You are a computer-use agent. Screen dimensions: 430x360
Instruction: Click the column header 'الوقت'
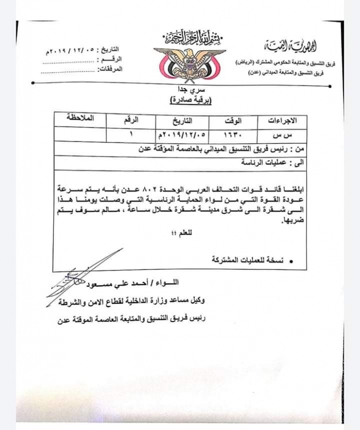click(x=232, y=121)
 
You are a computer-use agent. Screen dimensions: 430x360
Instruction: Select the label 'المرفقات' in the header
click(x=111, y=72)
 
